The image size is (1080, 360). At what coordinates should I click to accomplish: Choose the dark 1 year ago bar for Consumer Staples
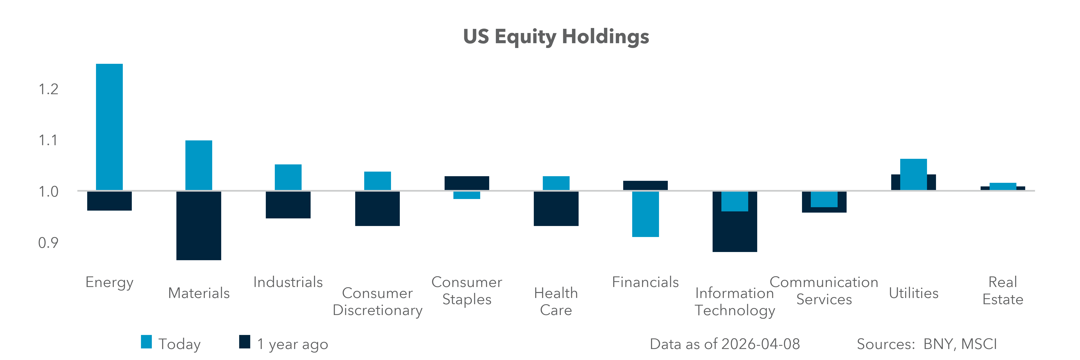tap(467, 183)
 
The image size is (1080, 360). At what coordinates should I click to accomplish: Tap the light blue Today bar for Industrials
tap(288, 177)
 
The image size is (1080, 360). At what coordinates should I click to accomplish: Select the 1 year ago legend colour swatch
tap(244, 342)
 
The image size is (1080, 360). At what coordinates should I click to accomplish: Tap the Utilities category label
tap(914, 293)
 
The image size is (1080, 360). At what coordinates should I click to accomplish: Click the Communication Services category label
tap(824, 291)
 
